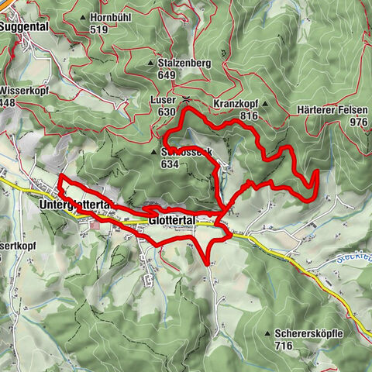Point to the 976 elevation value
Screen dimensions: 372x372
pos(358,122)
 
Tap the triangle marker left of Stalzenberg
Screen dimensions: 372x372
pos(151,62)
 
